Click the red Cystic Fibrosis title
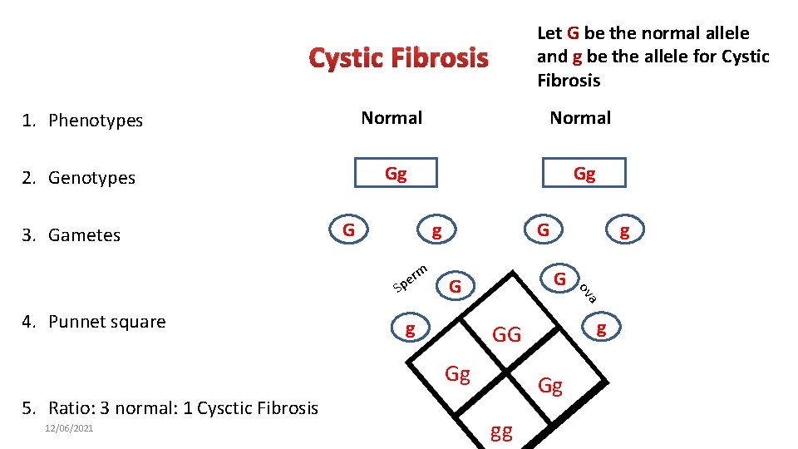tap(398, 59)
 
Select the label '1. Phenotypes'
tap(83, 121)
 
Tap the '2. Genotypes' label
tap(79, 178)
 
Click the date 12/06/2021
tap(69, 428)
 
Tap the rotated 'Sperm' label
tap(411, 278)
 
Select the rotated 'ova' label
tap(588, 291)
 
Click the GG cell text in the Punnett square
tap(507, 335)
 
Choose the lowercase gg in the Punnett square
tap(501, 432)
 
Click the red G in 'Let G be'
tap(573, 33)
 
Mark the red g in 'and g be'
tap(577, 57)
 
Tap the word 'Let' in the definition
tap(549, 33)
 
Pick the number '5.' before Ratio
tap(30, 408)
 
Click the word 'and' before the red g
tap(552, 57)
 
